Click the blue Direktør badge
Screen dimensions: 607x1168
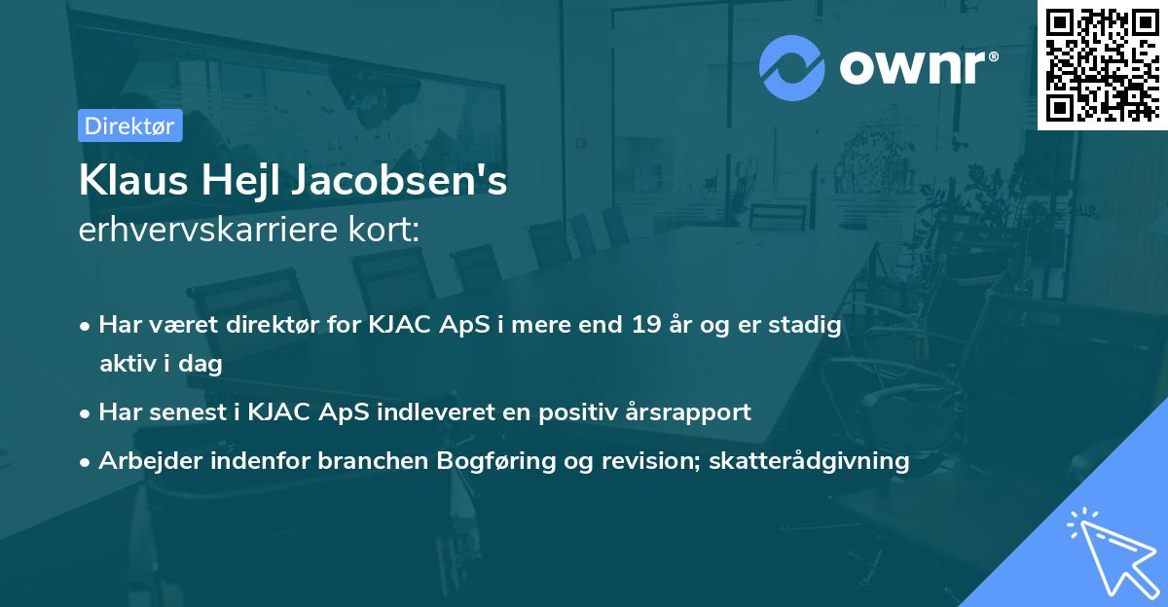pyautogui.click(x=129, y=126)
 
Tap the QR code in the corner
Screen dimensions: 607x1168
pyautogui.click(x=1102, y=64)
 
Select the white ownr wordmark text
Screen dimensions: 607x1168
pyautogui.click(x=915, y=68)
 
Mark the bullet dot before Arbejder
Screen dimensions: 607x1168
pyautogui.click(x=87, y=462)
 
